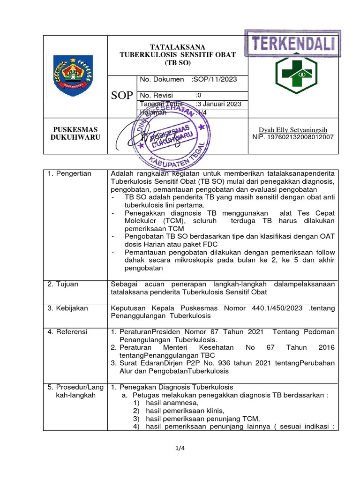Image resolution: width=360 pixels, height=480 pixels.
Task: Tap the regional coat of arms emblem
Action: pyautogui.click(x=73, y=76)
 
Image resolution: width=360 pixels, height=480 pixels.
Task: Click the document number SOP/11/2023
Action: pyautogui.click(x=214, y=80)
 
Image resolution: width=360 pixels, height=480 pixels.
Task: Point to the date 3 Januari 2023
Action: pyautogui.click(x=218, y=104)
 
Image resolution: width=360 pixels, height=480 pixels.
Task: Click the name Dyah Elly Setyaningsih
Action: pyautogui.click(x=293, y=129)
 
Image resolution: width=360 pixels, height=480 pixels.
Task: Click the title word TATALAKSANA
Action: pyautogui.click(x=177, y=47)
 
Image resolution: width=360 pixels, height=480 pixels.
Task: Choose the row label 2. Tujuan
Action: pyautogui.click(x=63, y=284)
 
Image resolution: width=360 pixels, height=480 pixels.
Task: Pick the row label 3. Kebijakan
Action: pyautogui.click(x=67, y=308)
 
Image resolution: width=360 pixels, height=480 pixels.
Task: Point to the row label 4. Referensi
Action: pyautogui.click(x=67, y=332)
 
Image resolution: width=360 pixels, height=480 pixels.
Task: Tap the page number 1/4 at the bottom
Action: pyautogui.click(x=180, y=448)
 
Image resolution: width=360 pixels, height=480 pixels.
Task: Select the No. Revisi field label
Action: pyautogui.click(x=157, y=95)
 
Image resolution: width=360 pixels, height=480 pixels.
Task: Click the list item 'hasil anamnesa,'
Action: pyautogui.click(x=172, y=403)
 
